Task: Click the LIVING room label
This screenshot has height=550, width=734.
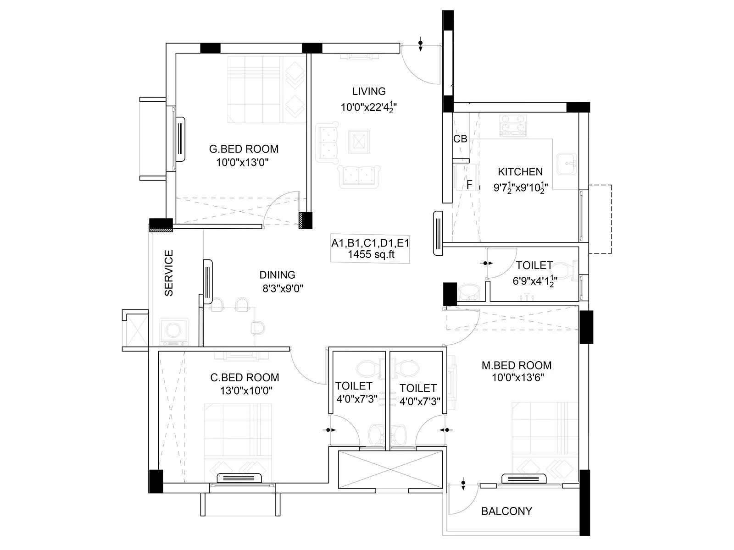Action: pos(369,91)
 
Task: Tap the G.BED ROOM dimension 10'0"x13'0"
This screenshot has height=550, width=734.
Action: pos(242,162)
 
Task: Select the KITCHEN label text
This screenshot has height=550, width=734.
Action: pos(520,172)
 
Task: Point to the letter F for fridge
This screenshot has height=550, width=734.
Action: pos(469,185)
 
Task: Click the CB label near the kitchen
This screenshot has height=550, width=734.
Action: pos(460,138)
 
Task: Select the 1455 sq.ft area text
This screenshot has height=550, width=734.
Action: pos(371,255)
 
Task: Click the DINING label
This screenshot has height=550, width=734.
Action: pos(277,275)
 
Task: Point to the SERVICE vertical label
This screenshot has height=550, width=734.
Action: pos(169,273)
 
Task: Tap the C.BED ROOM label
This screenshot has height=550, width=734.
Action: pos(245,378)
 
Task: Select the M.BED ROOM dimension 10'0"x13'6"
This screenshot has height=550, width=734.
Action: pos(517,378)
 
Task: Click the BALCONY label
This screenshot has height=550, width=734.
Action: pos(506,511)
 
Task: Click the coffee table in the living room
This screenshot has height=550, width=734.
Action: pos(358,141)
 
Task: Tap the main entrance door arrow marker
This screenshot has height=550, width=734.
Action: pos(421,45)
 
